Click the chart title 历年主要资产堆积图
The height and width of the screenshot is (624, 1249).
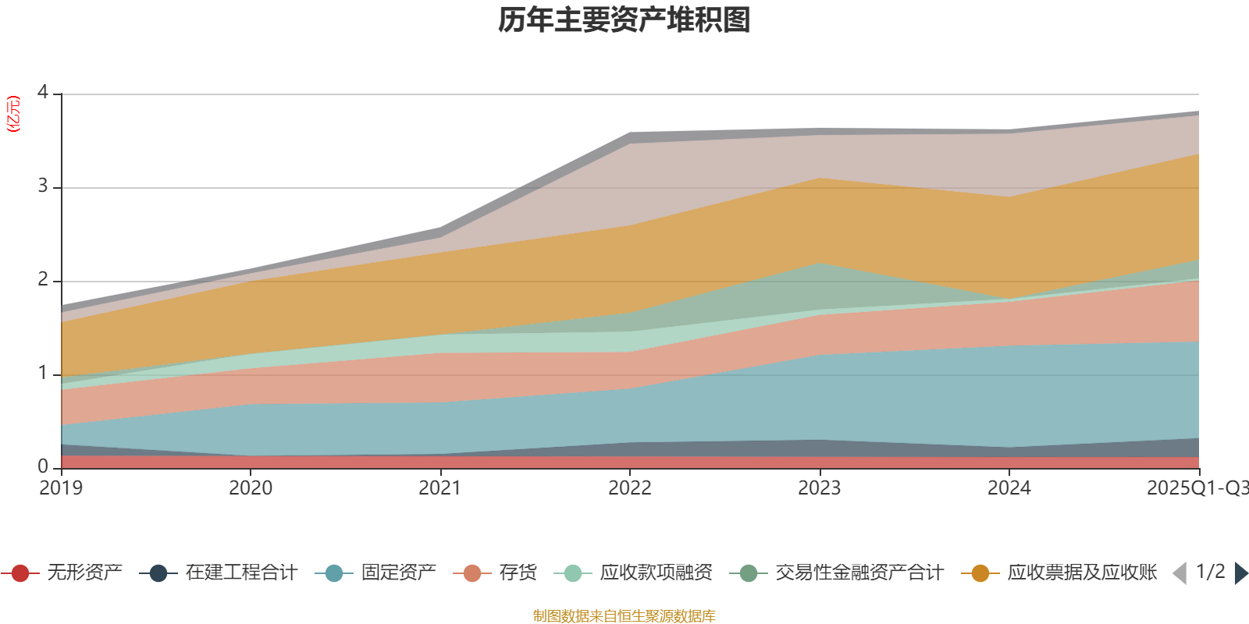624,20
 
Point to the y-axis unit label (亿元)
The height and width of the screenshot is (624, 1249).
13,114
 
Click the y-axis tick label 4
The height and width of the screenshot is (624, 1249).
43,93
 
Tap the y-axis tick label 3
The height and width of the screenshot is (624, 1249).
43,186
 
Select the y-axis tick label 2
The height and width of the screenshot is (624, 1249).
43,280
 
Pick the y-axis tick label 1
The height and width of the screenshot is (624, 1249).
43,374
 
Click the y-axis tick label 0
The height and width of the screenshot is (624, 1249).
43,466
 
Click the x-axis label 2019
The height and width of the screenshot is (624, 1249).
61,488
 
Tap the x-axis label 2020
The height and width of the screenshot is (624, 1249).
251,488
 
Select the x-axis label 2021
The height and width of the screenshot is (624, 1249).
440,488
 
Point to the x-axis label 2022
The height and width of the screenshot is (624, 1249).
630,488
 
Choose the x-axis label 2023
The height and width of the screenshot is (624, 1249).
820,488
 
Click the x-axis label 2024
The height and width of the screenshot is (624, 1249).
1009,488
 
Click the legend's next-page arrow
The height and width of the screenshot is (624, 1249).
1240,573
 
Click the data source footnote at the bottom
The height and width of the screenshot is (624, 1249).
624,616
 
